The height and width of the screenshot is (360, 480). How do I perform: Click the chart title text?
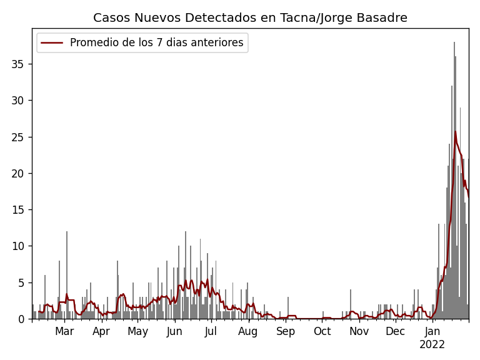(250, 18)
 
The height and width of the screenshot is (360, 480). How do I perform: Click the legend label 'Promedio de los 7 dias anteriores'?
(156, 43)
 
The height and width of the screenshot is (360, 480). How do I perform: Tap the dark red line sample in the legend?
(52, 43)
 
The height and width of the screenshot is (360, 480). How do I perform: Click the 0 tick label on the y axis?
(24, 319)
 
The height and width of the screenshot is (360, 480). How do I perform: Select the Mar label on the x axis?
(64, 332)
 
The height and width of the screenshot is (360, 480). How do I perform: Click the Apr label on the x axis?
(101, 332)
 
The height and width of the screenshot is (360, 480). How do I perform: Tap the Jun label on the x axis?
(174, 332)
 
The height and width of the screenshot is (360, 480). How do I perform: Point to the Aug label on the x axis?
(248, 332)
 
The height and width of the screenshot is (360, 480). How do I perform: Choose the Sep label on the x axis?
(286, 332)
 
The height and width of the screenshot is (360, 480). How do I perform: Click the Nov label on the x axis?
(359, 332)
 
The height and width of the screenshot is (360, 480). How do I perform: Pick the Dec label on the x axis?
(395, 332)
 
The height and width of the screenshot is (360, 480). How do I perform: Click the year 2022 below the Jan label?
(432, 344)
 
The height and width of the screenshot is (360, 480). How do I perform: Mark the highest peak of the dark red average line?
(455, 131)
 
